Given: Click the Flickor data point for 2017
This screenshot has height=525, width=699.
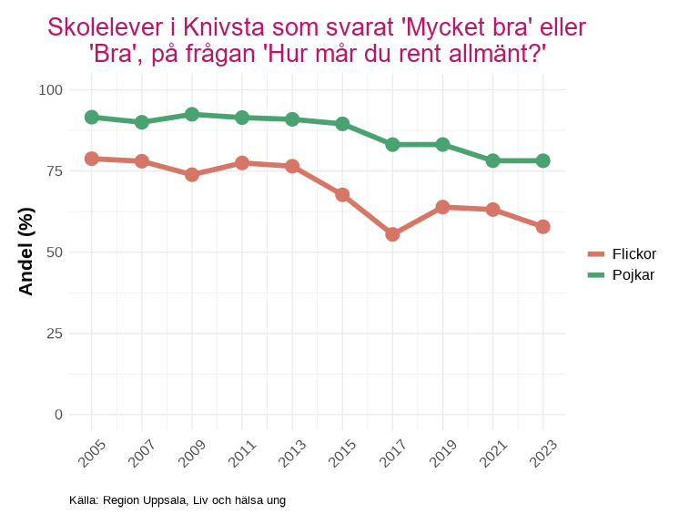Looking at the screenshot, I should (392, 234).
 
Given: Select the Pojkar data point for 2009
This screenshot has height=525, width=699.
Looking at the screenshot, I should (192, 115).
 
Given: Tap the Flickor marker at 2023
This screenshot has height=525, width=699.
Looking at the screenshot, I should (542, 227).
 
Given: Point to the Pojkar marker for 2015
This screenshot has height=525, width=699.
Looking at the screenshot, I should (342, 124).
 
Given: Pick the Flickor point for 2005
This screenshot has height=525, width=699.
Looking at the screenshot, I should (92, 159).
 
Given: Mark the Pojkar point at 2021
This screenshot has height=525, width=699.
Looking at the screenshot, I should (492, 160).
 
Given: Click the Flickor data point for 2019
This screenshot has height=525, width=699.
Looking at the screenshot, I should (442, 207).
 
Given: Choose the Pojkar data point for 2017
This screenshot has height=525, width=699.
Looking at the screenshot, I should (392, 144).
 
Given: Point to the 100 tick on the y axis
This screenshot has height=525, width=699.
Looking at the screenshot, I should (51, 89).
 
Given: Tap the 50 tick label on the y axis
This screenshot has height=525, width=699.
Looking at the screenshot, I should (55, 252).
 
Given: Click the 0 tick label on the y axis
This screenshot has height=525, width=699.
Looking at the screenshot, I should (59, 414).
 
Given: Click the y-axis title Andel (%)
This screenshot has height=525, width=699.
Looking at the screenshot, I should (26, 252).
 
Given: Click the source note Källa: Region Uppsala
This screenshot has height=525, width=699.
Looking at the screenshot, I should (177, 500).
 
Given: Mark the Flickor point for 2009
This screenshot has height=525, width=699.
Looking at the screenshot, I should (192, 174).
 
